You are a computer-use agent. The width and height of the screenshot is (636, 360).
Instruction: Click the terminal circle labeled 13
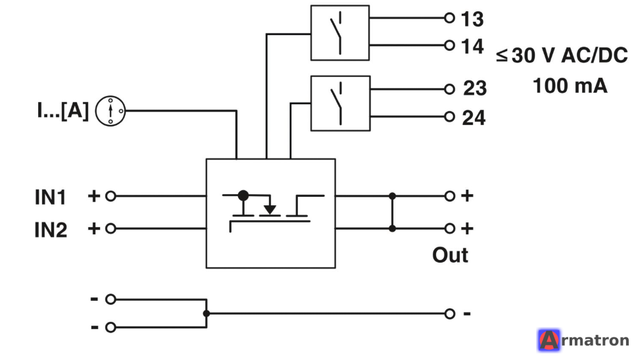(449, 18)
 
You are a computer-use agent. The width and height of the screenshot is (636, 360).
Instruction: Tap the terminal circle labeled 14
(449, 45)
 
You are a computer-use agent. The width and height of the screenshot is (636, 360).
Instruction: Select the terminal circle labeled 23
(449, 89)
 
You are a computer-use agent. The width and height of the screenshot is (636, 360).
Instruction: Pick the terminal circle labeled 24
(449, 117)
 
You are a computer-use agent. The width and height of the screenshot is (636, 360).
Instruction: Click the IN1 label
(50, 197)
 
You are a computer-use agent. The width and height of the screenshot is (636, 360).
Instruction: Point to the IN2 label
(51, 230)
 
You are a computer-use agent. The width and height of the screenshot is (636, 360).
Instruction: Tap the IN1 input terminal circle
(110, 196)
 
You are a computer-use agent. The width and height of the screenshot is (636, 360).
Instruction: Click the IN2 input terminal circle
(110, 229)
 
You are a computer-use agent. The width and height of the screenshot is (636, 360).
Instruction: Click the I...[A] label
(63, 110)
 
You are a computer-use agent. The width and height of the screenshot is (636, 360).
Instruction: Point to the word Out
(451, 255)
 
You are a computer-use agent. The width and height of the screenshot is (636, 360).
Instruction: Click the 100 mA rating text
(570, 86)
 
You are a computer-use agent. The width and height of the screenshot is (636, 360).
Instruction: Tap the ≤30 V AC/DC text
(562, 55)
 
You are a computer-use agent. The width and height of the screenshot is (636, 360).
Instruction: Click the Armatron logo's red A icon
(549, 340)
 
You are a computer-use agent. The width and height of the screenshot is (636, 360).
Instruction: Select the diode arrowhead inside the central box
(270, 210)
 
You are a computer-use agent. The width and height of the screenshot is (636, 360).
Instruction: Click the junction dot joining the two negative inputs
(207, 313)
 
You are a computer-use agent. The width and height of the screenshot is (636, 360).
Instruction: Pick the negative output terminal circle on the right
(449, 314)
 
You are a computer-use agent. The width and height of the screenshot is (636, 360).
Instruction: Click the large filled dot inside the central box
(243, 195)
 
